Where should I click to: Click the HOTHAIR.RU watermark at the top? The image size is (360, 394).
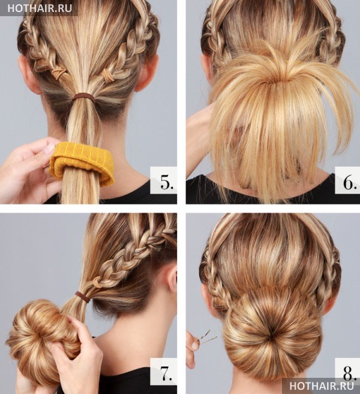40,8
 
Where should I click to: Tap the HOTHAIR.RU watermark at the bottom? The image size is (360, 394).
322,386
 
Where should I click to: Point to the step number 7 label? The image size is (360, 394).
166,374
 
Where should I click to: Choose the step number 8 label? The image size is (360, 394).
349,374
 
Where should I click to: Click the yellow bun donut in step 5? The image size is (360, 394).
81,161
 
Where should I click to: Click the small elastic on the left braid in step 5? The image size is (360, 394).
58,72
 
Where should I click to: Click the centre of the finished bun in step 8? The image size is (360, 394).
272,338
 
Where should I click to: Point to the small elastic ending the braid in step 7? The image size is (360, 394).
97,280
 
